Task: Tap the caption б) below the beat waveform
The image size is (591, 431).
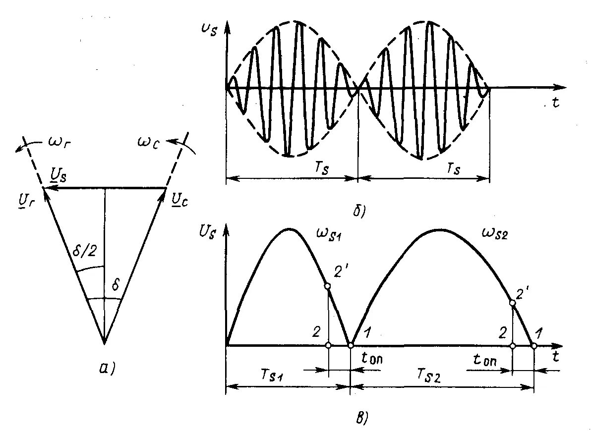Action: [358, 212]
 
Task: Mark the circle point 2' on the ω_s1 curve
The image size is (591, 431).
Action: [327, 286]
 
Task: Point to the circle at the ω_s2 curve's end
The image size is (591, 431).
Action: [534, 345]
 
